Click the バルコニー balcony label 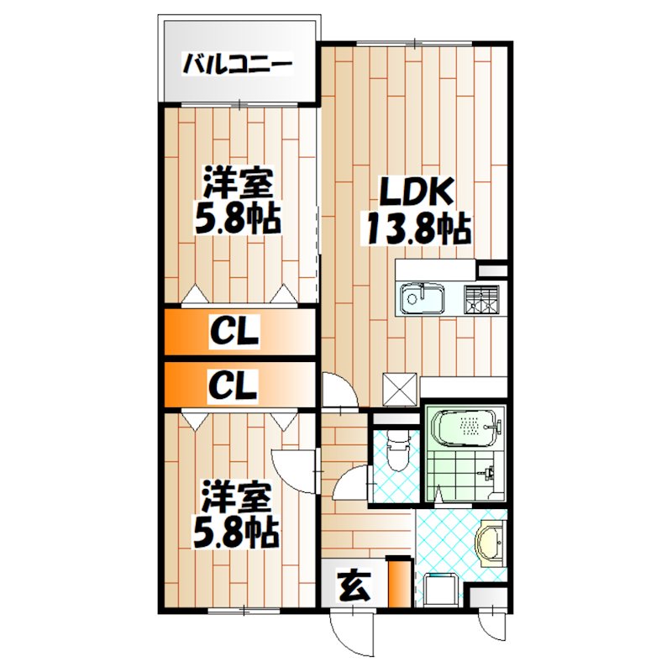click(x=237, y=64)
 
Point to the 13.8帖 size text click(x=415, y=228)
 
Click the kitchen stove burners click(x=481, y=298)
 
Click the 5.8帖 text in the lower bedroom click(x=237, y=533)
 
